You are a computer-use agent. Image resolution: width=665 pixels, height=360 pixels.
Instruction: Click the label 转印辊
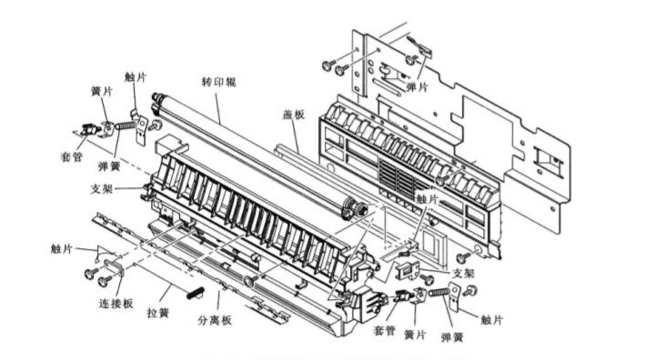click(x=219, y=82)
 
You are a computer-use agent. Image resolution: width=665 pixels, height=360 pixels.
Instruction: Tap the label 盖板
click(x=294, y=114)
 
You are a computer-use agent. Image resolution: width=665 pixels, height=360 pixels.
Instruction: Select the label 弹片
click(x=418, y=87)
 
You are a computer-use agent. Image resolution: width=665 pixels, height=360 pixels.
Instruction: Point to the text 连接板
click(x=116, y=303)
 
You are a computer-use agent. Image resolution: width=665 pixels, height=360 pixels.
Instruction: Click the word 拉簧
click(x=158, y=313)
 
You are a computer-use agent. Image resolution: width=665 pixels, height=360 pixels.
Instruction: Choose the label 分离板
click(x=215, y=320)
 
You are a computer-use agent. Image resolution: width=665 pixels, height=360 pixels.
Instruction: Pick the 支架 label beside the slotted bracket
click(x=464, y=273)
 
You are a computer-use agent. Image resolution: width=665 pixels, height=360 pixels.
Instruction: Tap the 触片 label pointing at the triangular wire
click(x=62, y=249)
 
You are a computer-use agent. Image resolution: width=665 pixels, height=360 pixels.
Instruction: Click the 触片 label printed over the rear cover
click(x=427, y=199)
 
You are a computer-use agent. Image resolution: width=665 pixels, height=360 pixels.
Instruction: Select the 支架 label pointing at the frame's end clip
click(x=102, y=189)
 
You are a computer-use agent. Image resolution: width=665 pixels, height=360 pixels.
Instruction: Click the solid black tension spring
click(x=196, y=293)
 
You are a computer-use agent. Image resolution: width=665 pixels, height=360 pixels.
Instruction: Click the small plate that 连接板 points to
click(x=115, y=267)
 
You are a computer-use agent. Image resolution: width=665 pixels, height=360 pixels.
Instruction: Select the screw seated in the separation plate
click(x=249, y=280)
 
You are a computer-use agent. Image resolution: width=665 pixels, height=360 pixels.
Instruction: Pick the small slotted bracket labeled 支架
click(x=408, y=270)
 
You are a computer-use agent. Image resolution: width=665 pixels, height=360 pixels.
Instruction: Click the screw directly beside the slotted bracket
click(x=428, y=279)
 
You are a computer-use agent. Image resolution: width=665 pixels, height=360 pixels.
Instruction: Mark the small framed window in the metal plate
click(x=548, y=158)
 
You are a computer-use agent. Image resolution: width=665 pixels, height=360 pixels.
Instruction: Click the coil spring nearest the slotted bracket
click(x=439, y=292)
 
